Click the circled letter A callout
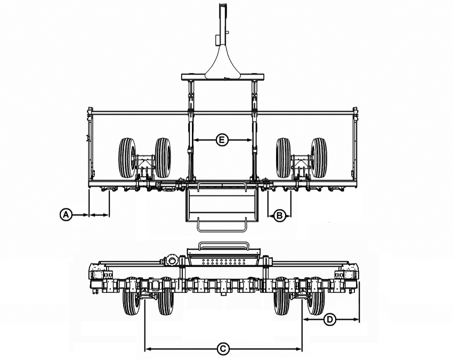(x=66, y=215)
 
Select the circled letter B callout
(x=279, y=215)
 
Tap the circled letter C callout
(x=223, y=349)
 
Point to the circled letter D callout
(x=330, y=320)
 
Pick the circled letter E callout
(x=222, y=140)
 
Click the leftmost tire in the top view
(x=127, y=158)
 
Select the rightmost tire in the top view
(x=319, y=158)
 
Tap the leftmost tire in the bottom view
(x=131, y=296)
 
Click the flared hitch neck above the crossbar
(x=222, y=62)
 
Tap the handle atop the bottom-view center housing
(x=223, y=246)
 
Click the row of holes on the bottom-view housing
(x=224, y=262)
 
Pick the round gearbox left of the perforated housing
(x=172, y=260)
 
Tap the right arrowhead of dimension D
(x=356, y=320)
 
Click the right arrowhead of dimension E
(x=249, y=140)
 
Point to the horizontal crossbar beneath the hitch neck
(x=223, y=77)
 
